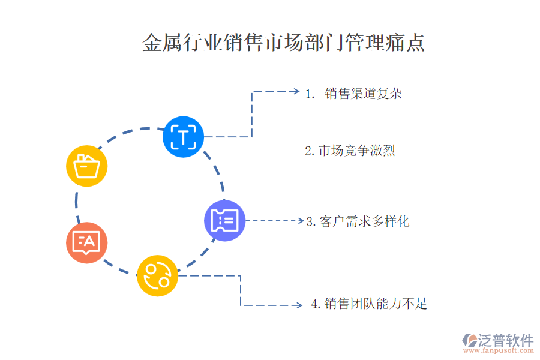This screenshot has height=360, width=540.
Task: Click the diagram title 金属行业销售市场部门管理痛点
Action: (283, 43)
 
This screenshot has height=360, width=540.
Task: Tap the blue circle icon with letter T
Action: (183, 137)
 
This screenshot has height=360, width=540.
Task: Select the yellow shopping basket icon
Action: (87, 166)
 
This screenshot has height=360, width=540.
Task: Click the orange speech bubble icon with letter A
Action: (87, 242)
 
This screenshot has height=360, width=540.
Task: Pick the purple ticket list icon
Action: (224, 220)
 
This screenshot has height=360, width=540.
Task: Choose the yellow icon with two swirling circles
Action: (157, 275)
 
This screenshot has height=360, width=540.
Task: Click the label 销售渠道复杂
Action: (364, 94)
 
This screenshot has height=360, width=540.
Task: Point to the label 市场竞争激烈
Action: (357, 151)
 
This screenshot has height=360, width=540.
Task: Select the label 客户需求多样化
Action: (364, 221)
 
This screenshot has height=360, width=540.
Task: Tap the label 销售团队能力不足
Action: (376, 304)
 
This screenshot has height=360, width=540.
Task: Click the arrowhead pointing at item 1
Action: (296, 91)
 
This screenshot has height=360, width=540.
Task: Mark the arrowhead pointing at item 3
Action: (301, 220)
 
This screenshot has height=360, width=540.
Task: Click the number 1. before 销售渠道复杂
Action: (310, 94)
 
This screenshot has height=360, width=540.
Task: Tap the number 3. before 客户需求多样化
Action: (311, 221)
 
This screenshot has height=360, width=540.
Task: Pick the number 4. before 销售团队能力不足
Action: (316, 304)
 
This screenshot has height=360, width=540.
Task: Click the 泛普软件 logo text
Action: (506, 340)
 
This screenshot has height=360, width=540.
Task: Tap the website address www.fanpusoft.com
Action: (499, 350)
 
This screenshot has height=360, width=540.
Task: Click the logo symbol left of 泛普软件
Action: (469, 340)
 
